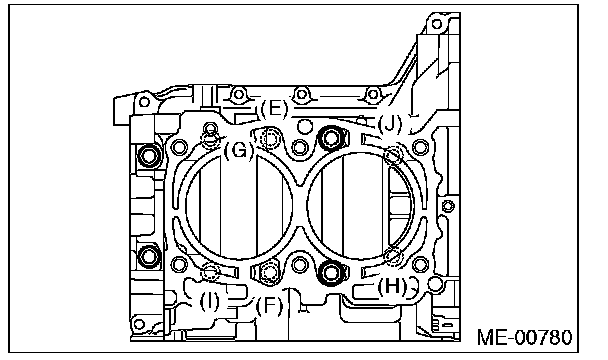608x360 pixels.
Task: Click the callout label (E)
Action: pos(274,109)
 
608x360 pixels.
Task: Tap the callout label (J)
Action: pos(390,124)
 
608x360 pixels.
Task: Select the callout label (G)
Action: pos(239,150)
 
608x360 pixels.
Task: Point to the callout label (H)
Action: pos(392,287)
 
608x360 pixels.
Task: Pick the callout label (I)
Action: pos(209,301)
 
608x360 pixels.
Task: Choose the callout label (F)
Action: pos(269,306)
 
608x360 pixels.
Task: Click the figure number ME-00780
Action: pos(524,337)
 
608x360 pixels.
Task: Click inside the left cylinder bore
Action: pos(239,206)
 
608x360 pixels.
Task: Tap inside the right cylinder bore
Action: pos(361,206)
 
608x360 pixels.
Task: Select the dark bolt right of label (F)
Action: pos(331,273)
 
